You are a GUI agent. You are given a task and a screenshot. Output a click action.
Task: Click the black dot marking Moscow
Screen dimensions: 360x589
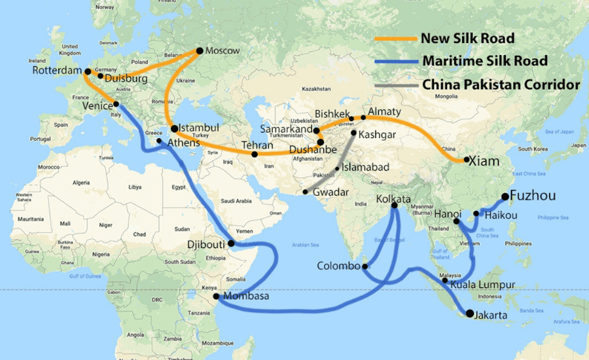pyautogui.click(x=200, y=50)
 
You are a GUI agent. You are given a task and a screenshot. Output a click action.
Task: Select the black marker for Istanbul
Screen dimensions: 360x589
pyautogui.click(x=174, y=128)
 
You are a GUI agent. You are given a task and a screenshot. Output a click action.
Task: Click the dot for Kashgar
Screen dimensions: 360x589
pyautogui.click(x=353, y=134)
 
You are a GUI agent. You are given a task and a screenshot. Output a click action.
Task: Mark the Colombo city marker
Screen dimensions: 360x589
pyautogui.click(x=365, y=266)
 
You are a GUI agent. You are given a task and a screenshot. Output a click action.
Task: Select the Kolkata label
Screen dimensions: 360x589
pyautogui.click(x=394, y=199)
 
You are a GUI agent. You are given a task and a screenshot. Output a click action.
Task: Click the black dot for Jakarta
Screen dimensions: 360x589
pyautogui.click(x=469, y=314)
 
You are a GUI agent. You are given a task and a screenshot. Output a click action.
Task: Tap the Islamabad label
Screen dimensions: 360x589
pyautogui.click(x=364, y=168)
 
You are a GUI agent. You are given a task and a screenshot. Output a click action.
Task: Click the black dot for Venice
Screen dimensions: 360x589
pyautogui.click(x=116, y=104)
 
